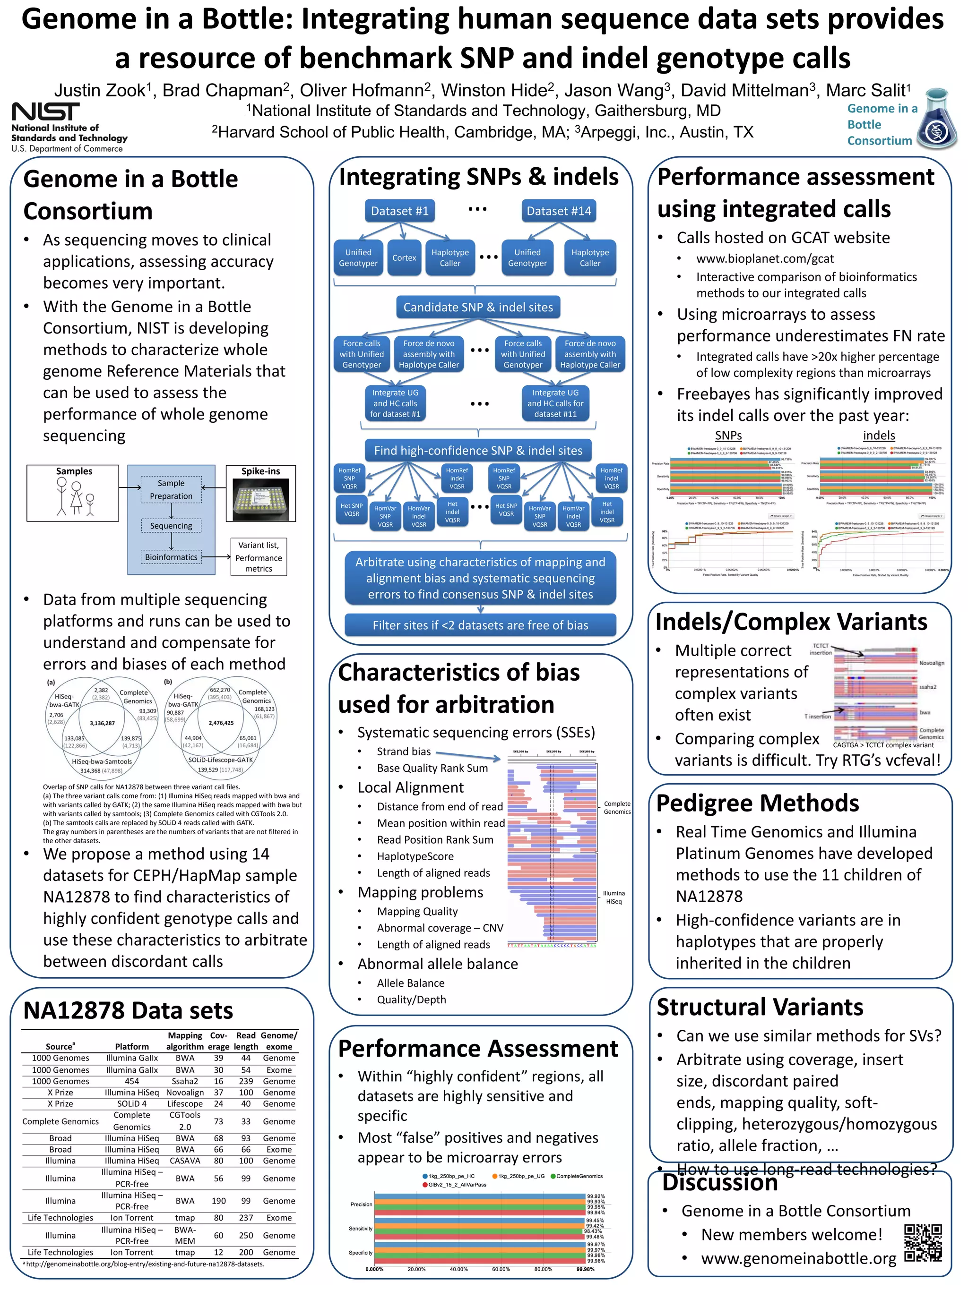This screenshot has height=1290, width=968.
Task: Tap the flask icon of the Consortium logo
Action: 936,120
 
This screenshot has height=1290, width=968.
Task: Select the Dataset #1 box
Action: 400,211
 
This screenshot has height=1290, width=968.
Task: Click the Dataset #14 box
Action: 558,211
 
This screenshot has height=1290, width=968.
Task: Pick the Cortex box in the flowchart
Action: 404,258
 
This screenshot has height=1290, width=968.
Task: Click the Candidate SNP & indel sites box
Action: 478,308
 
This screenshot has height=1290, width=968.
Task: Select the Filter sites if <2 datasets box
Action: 480,625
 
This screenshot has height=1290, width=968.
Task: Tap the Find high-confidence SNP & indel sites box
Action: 478,450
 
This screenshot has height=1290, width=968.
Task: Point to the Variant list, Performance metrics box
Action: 259,557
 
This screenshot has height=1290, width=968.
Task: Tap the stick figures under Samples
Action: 75,496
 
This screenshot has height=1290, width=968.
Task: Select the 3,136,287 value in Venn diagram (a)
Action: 102,723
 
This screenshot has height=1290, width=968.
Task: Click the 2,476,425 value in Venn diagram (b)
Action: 221,723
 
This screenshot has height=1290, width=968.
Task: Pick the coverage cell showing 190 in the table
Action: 218,1201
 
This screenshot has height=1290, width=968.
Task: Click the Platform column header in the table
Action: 132,1046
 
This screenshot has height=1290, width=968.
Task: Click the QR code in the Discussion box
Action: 923,1242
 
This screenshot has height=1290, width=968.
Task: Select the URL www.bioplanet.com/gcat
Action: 764,258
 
